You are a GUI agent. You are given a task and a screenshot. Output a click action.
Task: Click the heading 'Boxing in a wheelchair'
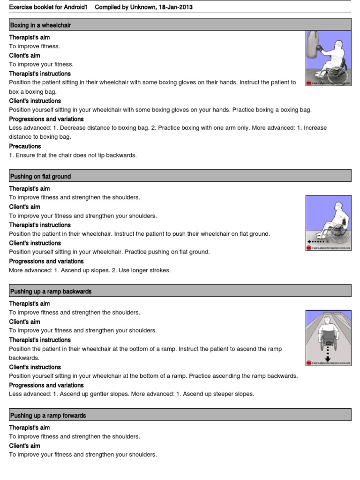(40, 25)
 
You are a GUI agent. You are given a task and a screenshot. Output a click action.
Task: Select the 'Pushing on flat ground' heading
(40, 177)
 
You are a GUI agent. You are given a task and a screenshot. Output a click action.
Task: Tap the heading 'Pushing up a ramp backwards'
(51, 292)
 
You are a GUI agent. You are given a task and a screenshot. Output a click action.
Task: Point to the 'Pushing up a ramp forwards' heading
(48, 416)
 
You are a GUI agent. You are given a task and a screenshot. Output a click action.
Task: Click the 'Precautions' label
(25, 146)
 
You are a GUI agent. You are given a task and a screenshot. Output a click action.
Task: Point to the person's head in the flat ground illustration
(338, 208)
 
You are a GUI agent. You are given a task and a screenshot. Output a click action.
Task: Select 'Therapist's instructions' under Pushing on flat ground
(40, 225)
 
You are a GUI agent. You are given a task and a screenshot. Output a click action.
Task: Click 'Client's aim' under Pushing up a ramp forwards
(24, 446)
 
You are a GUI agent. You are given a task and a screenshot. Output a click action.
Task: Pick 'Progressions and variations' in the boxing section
(46, 119)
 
